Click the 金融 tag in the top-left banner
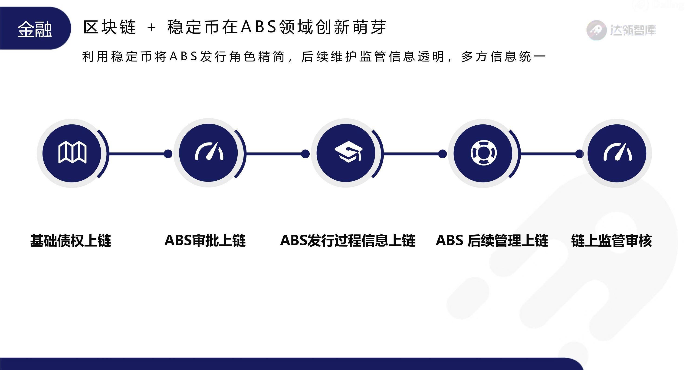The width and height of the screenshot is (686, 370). [x=35, y=29]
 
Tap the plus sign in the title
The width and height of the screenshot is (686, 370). [x=151, y=27]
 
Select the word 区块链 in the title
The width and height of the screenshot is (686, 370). [x=109, y=27]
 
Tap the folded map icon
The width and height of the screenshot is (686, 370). [x=72, y=153]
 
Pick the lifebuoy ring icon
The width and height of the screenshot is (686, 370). [x=484, y=153]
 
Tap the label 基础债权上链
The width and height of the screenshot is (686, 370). [x=71, y=241]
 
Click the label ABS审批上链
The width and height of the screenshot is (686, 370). [x=205, y=240]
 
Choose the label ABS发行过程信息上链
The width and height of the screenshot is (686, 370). [x=348, y=240]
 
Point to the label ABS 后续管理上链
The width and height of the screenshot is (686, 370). [x=492, y=240]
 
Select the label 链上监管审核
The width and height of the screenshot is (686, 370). [x=611, y=241]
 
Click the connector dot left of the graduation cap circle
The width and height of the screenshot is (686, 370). [x=305, y=154]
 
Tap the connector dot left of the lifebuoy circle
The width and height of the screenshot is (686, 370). [x=442, y=154]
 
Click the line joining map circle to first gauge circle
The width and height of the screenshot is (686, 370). [x=137, y=154]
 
